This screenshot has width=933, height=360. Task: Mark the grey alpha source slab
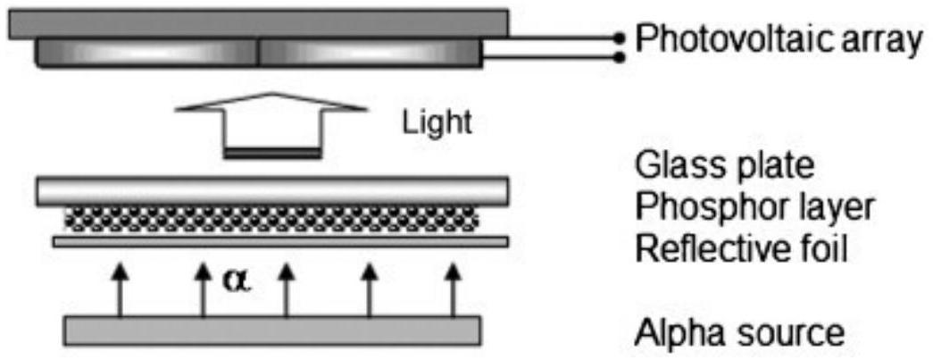272,331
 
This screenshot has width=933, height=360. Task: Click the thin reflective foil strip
280,241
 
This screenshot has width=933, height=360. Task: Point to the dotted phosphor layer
271,219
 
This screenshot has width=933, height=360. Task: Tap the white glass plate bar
272,191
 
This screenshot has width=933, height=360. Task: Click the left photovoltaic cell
146,54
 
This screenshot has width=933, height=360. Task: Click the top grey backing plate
258,24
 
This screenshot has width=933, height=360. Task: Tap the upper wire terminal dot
620,38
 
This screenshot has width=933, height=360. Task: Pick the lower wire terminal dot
620,58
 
